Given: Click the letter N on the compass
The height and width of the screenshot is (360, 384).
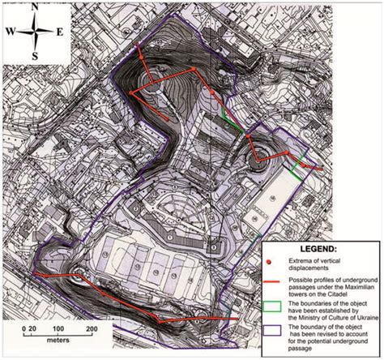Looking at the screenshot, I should [35, 6].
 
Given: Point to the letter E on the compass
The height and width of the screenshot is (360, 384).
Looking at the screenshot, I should [60, 32].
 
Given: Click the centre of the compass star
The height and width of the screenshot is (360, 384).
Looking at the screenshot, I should [35, 31].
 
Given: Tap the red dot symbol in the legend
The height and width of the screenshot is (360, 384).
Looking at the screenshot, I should [268, 264].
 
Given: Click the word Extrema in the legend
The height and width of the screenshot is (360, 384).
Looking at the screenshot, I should [297, 260].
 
